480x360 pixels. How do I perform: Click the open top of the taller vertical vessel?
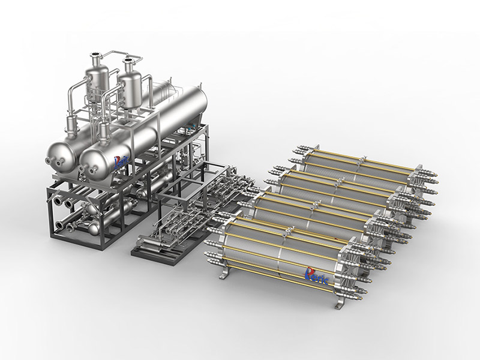(95, 55)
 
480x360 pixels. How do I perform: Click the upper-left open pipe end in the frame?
(58, 202)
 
